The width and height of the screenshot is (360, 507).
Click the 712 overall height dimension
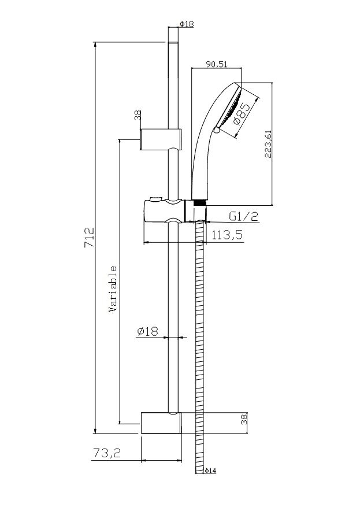coord(89,238)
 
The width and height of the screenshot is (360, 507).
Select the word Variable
coord(113,288)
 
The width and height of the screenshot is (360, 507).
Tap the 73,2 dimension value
coord(106,453)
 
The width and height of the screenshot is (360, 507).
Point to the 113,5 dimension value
coord(227,235)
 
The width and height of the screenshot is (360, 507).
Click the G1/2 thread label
coord(244,216)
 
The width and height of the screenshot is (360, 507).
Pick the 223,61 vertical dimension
coord(268,143)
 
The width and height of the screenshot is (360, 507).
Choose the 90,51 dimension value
coord(217,64)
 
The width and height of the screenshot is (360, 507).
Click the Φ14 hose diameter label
coord(210,471)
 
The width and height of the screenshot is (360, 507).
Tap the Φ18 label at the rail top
coord(187,24)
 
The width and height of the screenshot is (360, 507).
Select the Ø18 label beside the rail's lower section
coord(148,331)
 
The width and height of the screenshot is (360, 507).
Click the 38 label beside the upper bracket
coord(138,115)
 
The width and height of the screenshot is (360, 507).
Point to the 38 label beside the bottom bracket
coord(244,419)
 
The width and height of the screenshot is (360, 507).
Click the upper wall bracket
coord(161,139)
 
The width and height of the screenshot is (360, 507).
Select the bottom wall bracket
coord(161,423)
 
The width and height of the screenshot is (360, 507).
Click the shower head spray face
coord(230,107)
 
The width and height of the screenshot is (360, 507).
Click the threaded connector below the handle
coord(200,202)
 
